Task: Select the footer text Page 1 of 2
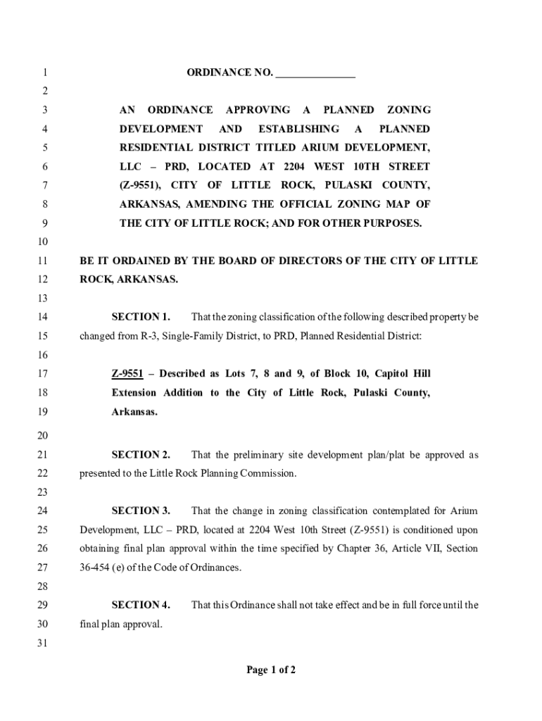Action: [x=271, y=670]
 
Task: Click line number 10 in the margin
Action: [x=44, y=242]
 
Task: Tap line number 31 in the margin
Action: [x=44, y=642]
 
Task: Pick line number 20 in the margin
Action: [x=44, y=436]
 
